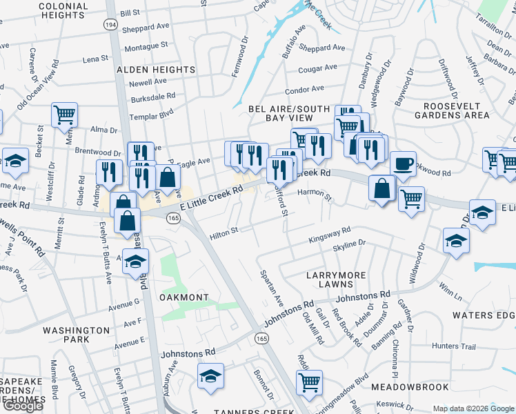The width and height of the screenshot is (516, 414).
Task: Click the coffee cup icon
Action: click(404, 164)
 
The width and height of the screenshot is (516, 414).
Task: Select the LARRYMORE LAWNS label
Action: click(336, 280)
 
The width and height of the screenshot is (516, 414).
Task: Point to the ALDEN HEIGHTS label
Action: click(156, 70)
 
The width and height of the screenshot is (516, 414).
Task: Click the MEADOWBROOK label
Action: click(409, 388)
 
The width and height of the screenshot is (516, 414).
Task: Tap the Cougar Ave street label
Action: click(317, 69)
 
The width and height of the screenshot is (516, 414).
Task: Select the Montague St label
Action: click(146, 46)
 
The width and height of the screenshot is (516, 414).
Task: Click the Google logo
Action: click(23, 406)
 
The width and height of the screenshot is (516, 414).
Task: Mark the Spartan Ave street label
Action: click(272, 288)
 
